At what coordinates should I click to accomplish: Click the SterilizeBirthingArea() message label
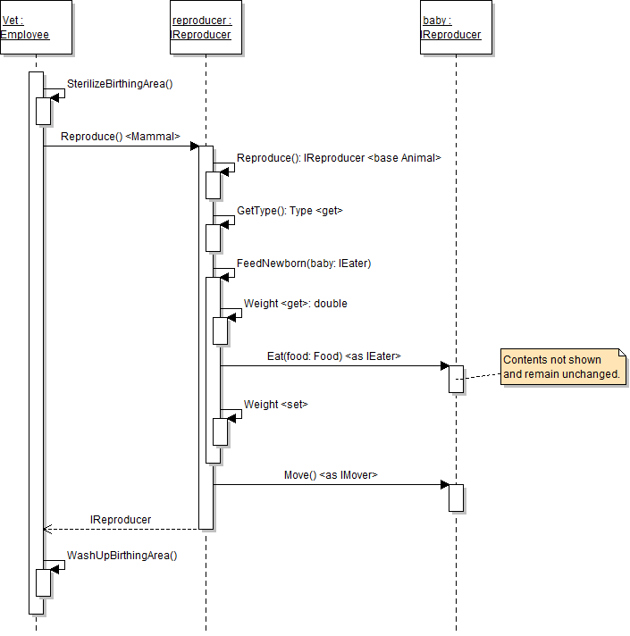pyautogui.click(x=120, y=84)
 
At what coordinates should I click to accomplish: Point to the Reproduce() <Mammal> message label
pyautogui.click(x=121, y=137)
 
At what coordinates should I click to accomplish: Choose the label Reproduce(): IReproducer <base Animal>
pyautogui.click(x=339, y=158)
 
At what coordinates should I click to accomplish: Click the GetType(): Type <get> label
pyautogui.click(x=290, y=211)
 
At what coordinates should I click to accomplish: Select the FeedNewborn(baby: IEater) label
pyautogui.click(x=304, y=264)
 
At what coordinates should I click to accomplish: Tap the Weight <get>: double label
pyautogui.click(x=295, y=304)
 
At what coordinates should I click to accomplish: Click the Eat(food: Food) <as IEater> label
pyautogui.click(x=333, y=356)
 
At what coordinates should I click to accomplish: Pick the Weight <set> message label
pyautogui.click(x=275, y=405)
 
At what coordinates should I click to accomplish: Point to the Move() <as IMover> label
pyautogui.click(x=331, y=475)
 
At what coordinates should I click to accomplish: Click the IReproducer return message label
pyautogui.click(x=121, y=519)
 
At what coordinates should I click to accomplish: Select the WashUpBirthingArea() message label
pyautogui.click(x=122, y=555)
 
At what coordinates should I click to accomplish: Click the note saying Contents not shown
pyautogui.click(x=563, y=367)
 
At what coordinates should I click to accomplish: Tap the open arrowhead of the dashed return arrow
pyautogui.click(x=47, y=529)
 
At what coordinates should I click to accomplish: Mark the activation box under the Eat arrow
pyautogui.click(x=456, y=379)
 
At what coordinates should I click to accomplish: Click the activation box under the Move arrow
pyautogui.click(x=456, y=498)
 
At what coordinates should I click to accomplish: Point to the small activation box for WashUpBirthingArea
pyautogui.click(x=42, y=582)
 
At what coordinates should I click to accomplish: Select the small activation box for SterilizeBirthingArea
pyautogui.click(x=42, y=110)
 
